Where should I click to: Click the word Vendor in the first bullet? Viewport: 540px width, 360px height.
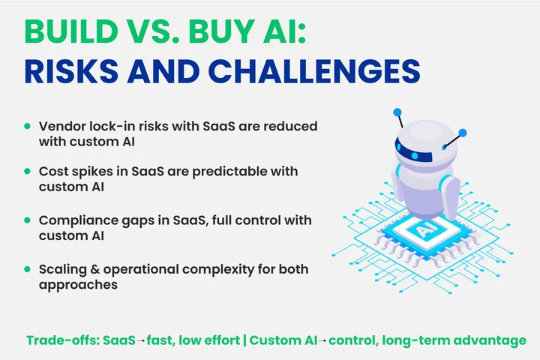coord(59,125)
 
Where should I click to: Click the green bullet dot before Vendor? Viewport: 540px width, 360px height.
coord(28,126)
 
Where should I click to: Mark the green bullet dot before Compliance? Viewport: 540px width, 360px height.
coord(28,221)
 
